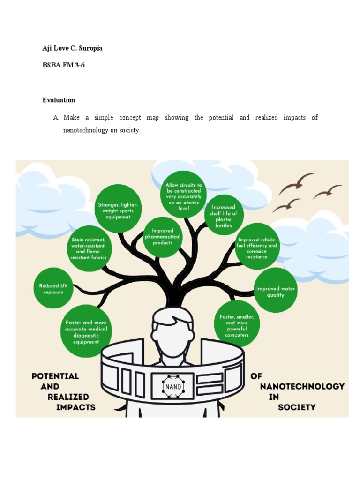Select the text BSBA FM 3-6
point(64,65)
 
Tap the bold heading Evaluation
point(59,100)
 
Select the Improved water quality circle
point(275,291)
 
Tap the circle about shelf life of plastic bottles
point(224,215)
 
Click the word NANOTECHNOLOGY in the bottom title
point(302,386)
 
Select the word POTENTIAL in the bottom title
point(55,376)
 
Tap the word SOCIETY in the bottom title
point(297,407)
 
